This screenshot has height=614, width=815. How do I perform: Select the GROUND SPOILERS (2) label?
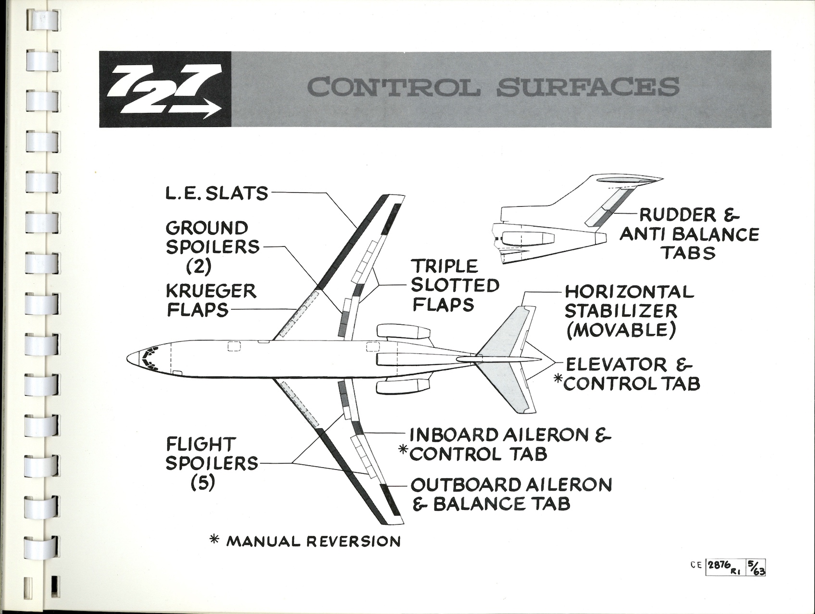coord(212,247)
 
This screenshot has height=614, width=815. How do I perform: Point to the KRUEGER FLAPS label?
coord(211,300)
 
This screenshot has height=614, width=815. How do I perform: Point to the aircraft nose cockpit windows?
coord(150,358)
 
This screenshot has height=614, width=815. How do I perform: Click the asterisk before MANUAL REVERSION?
coord(216,541)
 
